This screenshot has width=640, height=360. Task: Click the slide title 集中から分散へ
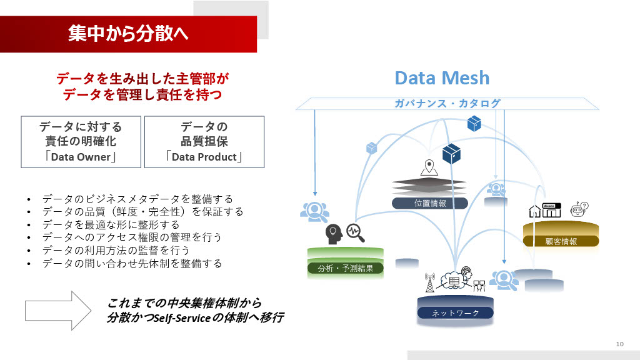point(128,33)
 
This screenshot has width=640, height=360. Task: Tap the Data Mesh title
point(442,78)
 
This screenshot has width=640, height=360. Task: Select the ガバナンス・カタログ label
point(447,104)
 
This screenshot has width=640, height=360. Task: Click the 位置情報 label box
point(429,203)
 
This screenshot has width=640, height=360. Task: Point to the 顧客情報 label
point(561,241)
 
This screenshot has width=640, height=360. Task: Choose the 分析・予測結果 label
point(346,269)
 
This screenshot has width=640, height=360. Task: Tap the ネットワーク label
point(455,312)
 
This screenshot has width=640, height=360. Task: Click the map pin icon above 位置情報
point(428,167)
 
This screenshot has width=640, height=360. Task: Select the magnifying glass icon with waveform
point(355,232)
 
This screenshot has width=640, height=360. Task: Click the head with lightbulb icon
point(333,232)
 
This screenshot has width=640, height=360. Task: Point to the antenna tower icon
point(429,283)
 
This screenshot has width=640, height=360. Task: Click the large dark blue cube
point(451,153)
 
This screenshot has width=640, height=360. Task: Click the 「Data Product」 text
point(204,157)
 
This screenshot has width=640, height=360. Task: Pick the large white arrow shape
point(58,310)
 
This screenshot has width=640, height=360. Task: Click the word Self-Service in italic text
point(180,318)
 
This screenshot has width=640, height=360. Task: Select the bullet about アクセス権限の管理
point(132,237)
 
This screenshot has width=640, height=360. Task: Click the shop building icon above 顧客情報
point(552,210)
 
